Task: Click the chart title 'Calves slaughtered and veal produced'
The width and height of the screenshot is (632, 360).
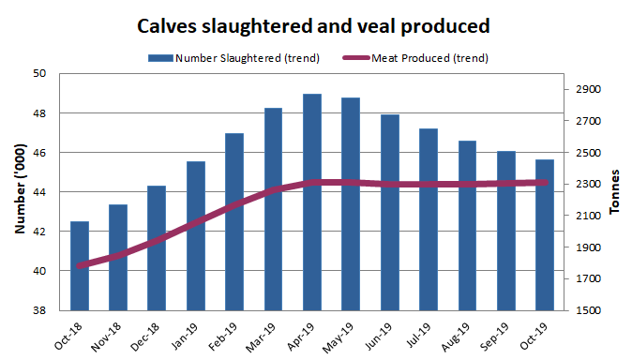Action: click(x=313, y=24)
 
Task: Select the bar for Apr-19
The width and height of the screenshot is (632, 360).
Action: click(x=312, y=202)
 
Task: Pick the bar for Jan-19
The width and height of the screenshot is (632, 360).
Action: click(x=196, y=235)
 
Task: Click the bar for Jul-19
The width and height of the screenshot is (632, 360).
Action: click(x=429, y=219)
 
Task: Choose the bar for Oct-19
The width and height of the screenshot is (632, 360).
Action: click(x=545, y=234)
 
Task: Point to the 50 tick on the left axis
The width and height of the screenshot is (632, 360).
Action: click(x=39, y=73)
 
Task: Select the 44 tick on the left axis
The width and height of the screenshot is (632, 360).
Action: click(x=39, y=192)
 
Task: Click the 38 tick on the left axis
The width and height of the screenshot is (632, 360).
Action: click(x=39, y=310)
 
